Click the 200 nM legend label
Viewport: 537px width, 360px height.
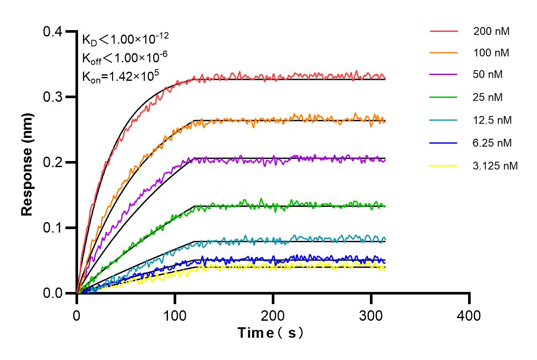click(491, 31)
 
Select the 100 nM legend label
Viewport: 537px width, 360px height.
click(491, 53)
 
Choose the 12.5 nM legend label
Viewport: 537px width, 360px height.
click(493, 120)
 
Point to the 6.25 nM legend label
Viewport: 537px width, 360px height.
click(493, 143)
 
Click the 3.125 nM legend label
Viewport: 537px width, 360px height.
click(495, 166)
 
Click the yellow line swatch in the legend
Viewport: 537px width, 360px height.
click(444, 166)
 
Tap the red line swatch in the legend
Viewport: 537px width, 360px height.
click(444, 31)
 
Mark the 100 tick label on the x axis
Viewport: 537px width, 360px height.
click(175, 315)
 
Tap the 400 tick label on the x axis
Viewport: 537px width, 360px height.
click(469, 315)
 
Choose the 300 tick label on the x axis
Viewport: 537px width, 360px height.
click(371, 315)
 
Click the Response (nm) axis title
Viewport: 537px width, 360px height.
click(27, 162)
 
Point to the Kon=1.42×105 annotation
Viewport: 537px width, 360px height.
click(120, 75)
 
